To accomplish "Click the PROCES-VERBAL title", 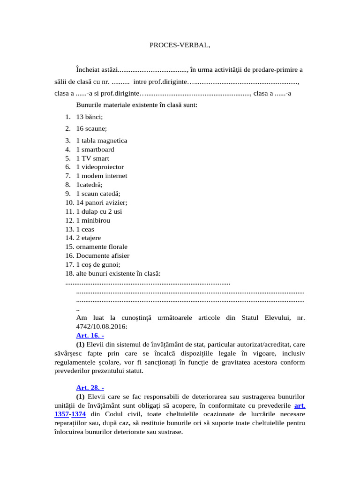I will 180,45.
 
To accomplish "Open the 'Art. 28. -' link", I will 90,388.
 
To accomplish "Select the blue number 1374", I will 78,414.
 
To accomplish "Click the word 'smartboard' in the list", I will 97,150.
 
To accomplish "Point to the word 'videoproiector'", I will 103,167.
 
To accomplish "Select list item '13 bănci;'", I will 89,117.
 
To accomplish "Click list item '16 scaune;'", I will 91,128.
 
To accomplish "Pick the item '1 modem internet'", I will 101,176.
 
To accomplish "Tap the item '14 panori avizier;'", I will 101,202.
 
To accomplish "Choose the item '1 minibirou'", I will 93,220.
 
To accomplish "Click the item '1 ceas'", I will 85,229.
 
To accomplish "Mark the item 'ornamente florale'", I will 102,247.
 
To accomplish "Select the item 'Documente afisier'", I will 103,255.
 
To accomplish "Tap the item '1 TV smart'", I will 92,158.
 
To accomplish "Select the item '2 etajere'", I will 88,238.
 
